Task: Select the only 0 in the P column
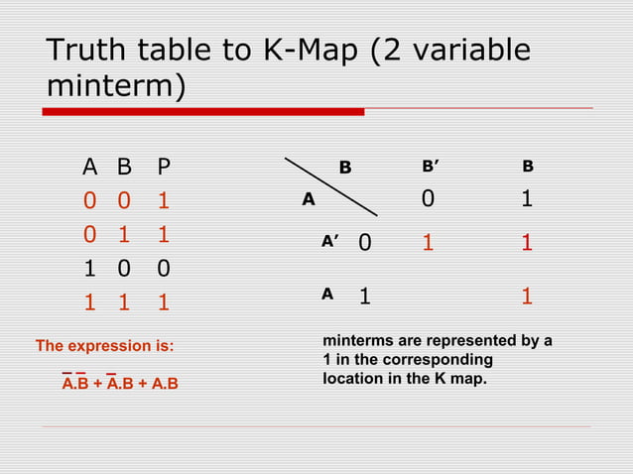164,268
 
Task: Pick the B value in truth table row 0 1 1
124,235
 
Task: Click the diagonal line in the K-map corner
331,185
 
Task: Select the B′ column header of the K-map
433,167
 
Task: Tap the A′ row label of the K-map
330,241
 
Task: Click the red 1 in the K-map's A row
527,296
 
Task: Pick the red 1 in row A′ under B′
429,243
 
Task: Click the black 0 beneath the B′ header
428,200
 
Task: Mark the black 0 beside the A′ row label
365,243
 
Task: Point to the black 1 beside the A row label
365,296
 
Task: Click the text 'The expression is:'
104,346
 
